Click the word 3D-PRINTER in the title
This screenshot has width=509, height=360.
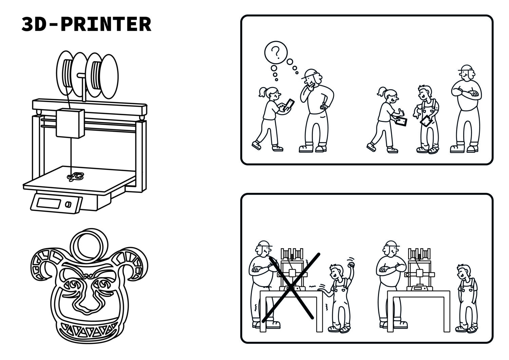pos(86,24)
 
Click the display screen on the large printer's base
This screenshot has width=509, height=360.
pos(49,203)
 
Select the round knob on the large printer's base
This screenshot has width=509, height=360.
pos(68,204)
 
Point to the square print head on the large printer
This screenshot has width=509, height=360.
pos(70,123)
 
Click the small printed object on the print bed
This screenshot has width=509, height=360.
pos(75,176)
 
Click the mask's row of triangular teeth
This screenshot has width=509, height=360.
pos(88,328)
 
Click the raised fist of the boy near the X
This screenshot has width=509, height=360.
pos(351,265)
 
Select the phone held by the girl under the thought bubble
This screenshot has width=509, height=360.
pos(289,105)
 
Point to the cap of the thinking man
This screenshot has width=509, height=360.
pos(309,74)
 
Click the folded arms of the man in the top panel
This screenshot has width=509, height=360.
pos(466,93)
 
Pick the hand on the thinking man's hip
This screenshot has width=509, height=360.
pos(323,106)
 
